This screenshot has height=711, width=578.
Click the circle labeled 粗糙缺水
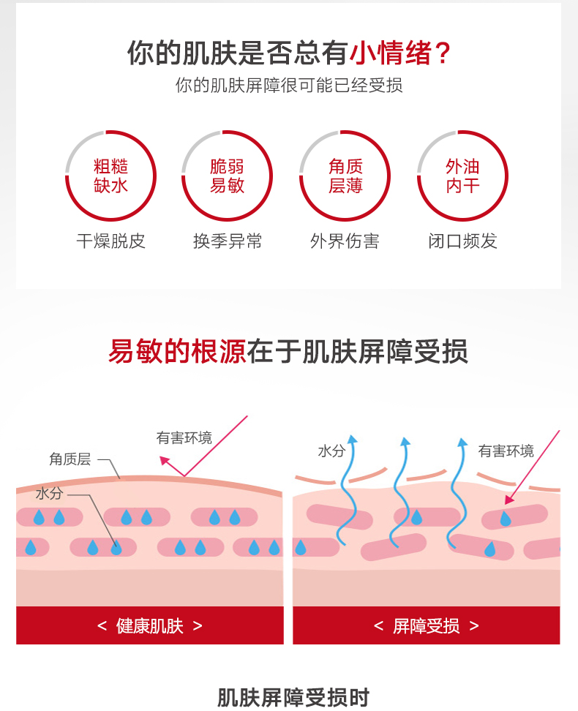tap(111, 176)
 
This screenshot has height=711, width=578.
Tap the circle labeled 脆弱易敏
tap(228, 176)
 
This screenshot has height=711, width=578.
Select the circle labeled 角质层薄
tap(345, 176)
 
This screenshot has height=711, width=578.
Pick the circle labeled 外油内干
tap(462, 176)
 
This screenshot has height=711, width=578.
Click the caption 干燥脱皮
tap(111, 241)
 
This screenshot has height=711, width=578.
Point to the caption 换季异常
tap(228, 241)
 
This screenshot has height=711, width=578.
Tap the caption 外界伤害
tap(345, 241)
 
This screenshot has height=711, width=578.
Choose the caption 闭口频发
tap(462, 241)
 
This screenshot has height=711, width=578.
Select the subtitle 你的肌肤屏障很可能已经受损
tap(289, 86)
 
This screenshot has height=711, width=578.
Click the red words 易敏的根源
tap(177, 351)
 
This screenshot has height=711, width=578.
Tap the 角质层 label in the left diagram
tap(70, 459)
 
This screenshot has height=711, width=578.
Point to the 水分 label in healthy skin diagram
tap(49, 494)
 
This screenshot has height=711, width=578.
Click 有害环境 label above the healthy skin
tap(184, 437)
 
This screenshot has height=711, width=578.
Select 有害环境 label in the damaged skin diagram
tap(506, 451)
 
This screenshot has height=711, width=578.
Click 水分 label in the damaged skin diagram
tap(331, 451)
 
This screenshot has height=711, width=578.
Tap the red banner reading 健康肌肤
tap(150, 625)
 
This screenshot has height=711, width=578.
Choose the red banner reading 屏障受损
tap(427, 625)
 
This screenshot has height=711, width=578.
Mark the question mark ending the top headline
tap(443, 53)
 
